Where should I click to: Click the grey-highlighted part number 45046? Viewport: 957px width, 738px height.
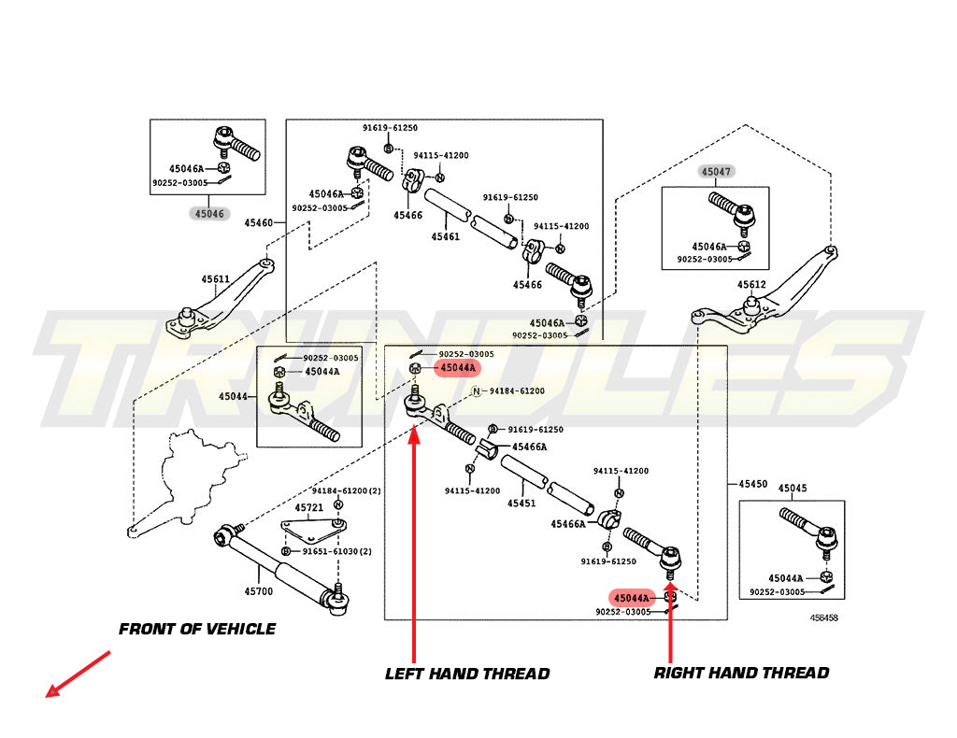pos(208,213)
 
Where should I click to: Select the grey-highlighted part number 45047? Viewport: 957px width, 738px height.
pos(717,172)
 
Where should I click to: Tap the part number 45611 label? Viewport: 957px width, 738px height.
pos(215,279)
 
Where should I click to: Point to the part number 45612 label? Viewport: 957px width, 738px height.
pos(751,285)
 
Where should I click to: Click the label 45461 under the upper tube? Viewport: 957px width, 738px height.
pos(445,237)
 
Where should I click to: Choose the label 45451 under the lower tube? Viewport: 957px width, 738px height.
pos(521,503)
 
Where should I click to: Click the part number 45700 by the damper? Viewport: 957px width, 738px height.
pos(259,590)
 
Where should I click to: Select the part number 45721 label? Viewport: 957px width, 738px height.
pos(309,507)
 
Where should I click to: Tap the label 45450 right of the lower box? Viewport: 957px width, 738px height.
pos(752,484)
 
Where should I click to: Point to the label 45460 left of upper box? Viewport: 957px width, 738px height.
pos(259,223)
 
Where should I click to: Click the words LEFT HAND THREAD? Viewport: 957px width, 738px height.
pos(467,674)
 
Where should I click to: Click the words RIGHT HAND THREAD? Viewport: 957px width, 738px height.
pos(741,673)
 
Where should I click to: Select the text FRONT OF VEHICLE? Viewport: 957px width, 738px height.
pos(197,630)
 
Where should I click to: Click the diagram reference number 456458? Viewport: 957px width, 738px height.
pos(823,617)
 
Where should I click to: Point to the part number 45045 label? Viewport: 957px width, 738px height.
pos(792,488)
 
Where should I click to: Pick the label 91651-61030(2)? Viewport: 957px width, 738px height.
pos(336,551)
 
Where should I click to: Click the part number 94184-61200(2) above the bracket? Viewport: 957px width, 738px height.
pos(347,490)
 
